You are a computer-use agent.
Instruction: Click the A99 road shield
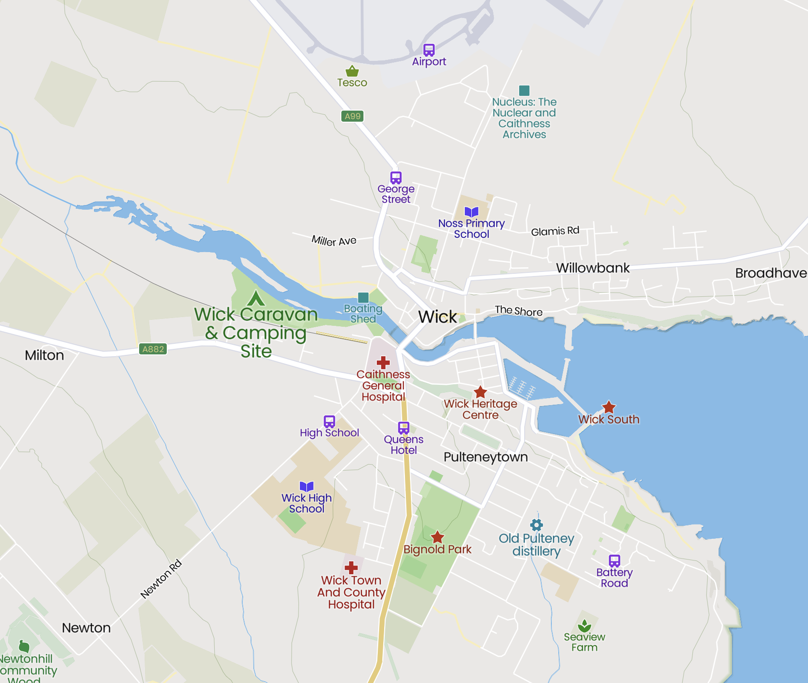tap(352, 116)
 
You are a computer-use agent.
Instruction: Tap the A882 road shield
tap(153, 349)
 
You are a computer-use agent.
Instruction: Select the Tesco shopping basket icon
tap(352, 71)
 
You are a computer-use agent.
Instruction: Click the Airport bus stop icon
tap(429, 50)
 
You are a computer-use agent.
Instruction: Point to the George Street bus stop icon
tap(396, 177)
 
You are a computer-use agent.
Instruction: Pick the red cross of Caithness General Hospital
tap(383, 363)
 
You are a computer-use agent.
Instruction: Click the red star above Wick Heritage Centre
tap(480, 392)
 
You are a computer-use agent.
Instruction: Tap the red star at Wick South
tap(609, 407)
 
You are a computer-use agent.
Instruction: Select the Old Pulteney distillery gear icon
tap(536, 525)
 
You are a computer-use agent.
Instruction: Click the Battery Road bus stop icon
tap(614, 561)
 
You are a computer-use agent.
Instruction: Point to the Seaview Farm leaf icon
tap(584, 626)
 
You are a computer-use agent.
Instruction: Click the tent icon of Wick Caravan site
tap(256, 298)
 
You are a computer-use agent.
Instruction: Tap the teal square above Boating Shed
tap(363, 297)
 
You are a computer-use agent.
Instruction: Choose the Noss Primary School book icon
tap(471, 212)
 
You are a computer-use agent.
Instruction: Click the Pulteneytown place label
tap(486, 457)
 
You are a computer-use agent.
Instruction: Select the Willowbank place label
tap(592, 268)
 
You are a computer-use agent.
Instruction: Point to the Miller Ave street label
tap(334, 241)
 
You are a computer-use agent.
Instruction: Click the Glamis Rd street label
tap(555, 231)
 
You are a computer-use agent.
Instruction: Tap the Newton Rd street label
tap(161, 579)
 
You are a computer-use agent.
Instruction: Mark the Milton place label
tap(44, 355)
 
